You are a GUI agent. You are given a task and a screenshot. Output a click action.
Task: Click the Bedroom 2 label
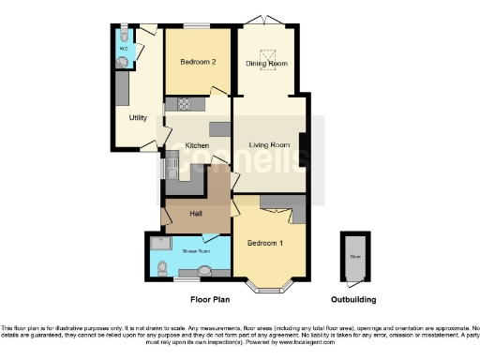point(198,62)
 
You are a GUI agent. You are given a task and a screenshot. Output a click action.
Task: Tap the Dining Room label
point(266,63)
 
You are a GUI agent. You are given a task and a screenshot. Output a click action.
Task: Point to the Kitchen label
point(197,145)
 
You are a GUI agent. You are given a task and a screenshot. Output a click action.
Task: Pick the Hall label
point(196,214)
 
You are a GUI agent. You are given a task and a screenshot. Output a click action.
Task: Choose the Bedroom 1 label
point(264,243)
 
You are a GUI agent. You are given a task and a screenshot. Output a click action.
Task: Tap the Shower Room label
point(182,251)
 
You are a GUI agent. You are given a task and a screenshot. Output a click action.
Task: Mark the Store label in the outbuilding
point(355,254)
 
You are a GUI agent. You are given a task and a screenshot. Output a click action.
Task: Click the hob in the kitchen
point(178,105)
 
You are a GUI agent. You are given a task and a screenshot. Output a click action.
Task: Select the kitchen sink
point(173,170)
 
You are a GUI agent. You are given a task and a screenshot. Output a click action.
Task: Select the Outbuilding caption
point(354,300)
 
